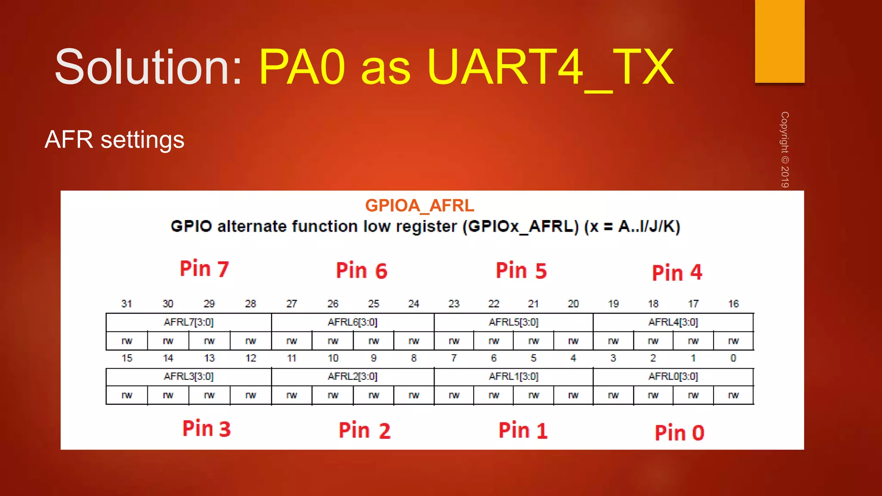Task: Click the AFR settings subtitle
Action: [x=115, y=139]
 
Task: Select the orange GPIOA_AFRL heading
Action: [x=419, y=206]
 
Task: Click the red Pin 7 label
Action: [x=204, y=269]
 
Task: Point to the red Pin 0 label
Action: [x=679, y=433]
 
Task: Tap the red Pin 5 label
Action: [x=521, y=271]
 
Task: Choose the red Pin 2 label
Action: [x=364, y=431]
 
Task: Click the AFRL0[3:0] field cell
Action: [x=673, y=376]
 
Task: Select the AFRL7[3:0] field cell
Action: [x=189, y=322]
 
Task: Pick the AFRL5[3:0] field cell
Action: [x=513, y=322]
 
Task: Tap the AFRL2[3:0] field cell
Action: [x=352, y=376]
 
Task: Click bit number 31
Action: [x=127, y=304]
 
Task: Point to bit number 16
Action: [x=733, y=304]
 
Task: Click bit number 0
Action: [x=733, y=358]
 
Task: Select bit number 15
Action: [x=127, y=358]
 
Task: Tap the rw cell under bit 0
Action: [x=733, y=395]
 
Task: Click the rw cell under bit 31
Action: [x=127, y=341]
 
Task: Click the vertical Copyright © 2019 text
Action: [x=785, y=149]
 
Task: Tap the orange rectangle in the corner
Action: [x=780, y=41]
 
